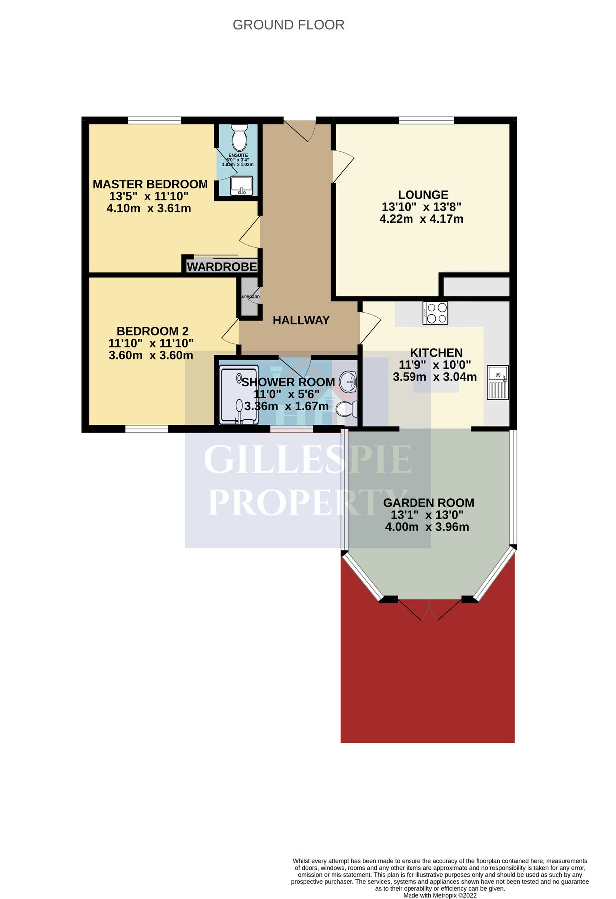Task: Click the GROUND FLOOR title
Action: (288, 25)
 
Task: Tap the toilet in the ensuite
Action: (240, 138)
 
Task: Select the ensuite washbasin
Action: (241, 185)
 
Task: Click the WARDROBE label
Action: (222, 267)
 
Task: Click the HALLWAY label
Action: (301, 320)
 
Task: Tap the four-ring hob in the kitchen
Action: (435, 313)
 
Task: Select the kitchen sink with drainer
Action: (497, 382)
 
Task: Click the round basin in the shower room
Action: (348, 383)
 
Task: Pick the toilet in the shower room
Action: (346, 409)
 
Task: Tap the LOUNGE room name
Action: (423, 195)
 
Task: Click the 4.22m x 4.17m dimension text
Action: (421, 219)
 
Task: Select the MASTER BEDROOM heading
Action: (150, 184)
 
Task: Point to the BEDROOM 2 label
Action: (152, 331)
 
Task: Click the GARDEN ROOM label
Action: (428, 503)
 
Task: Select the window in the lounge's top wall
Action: (426, 120)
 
